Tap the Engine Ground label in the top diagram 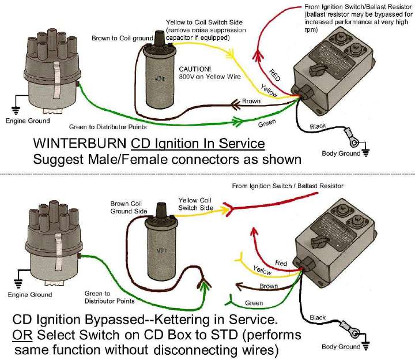pos(28,121)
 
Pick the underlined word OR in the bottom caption pos(21,336)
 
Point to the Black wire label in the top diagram pos(318,126)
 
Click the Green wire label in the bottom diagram pos(254,302)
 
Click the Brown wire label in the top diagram pos(251,101)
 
